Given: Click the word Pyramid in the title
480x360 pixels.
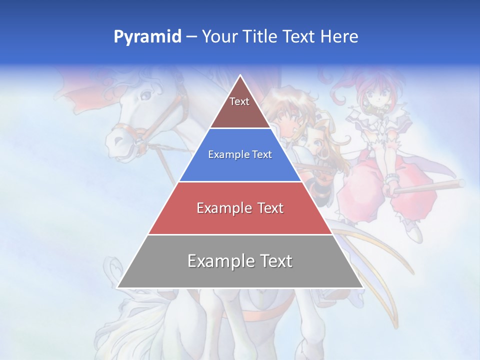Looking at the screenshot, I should (x=147, y=37).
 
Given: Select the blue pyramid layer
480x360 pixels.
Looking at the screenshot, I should (x=240, y=167).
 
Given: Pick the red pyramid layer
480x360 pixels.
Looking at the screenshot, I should (x=240, y=220).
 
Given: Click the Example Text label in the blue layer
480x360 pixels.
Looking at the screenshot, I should (x=240, y=154).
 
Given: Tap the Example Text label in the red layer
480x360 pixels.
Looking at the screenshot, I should (x=240, y=207).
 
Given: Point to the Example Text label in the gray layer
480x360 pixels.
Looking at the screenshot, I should (x=240, y=261).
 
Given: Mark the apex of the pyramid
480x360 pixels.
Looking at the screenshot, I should (x=240, y=76).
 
